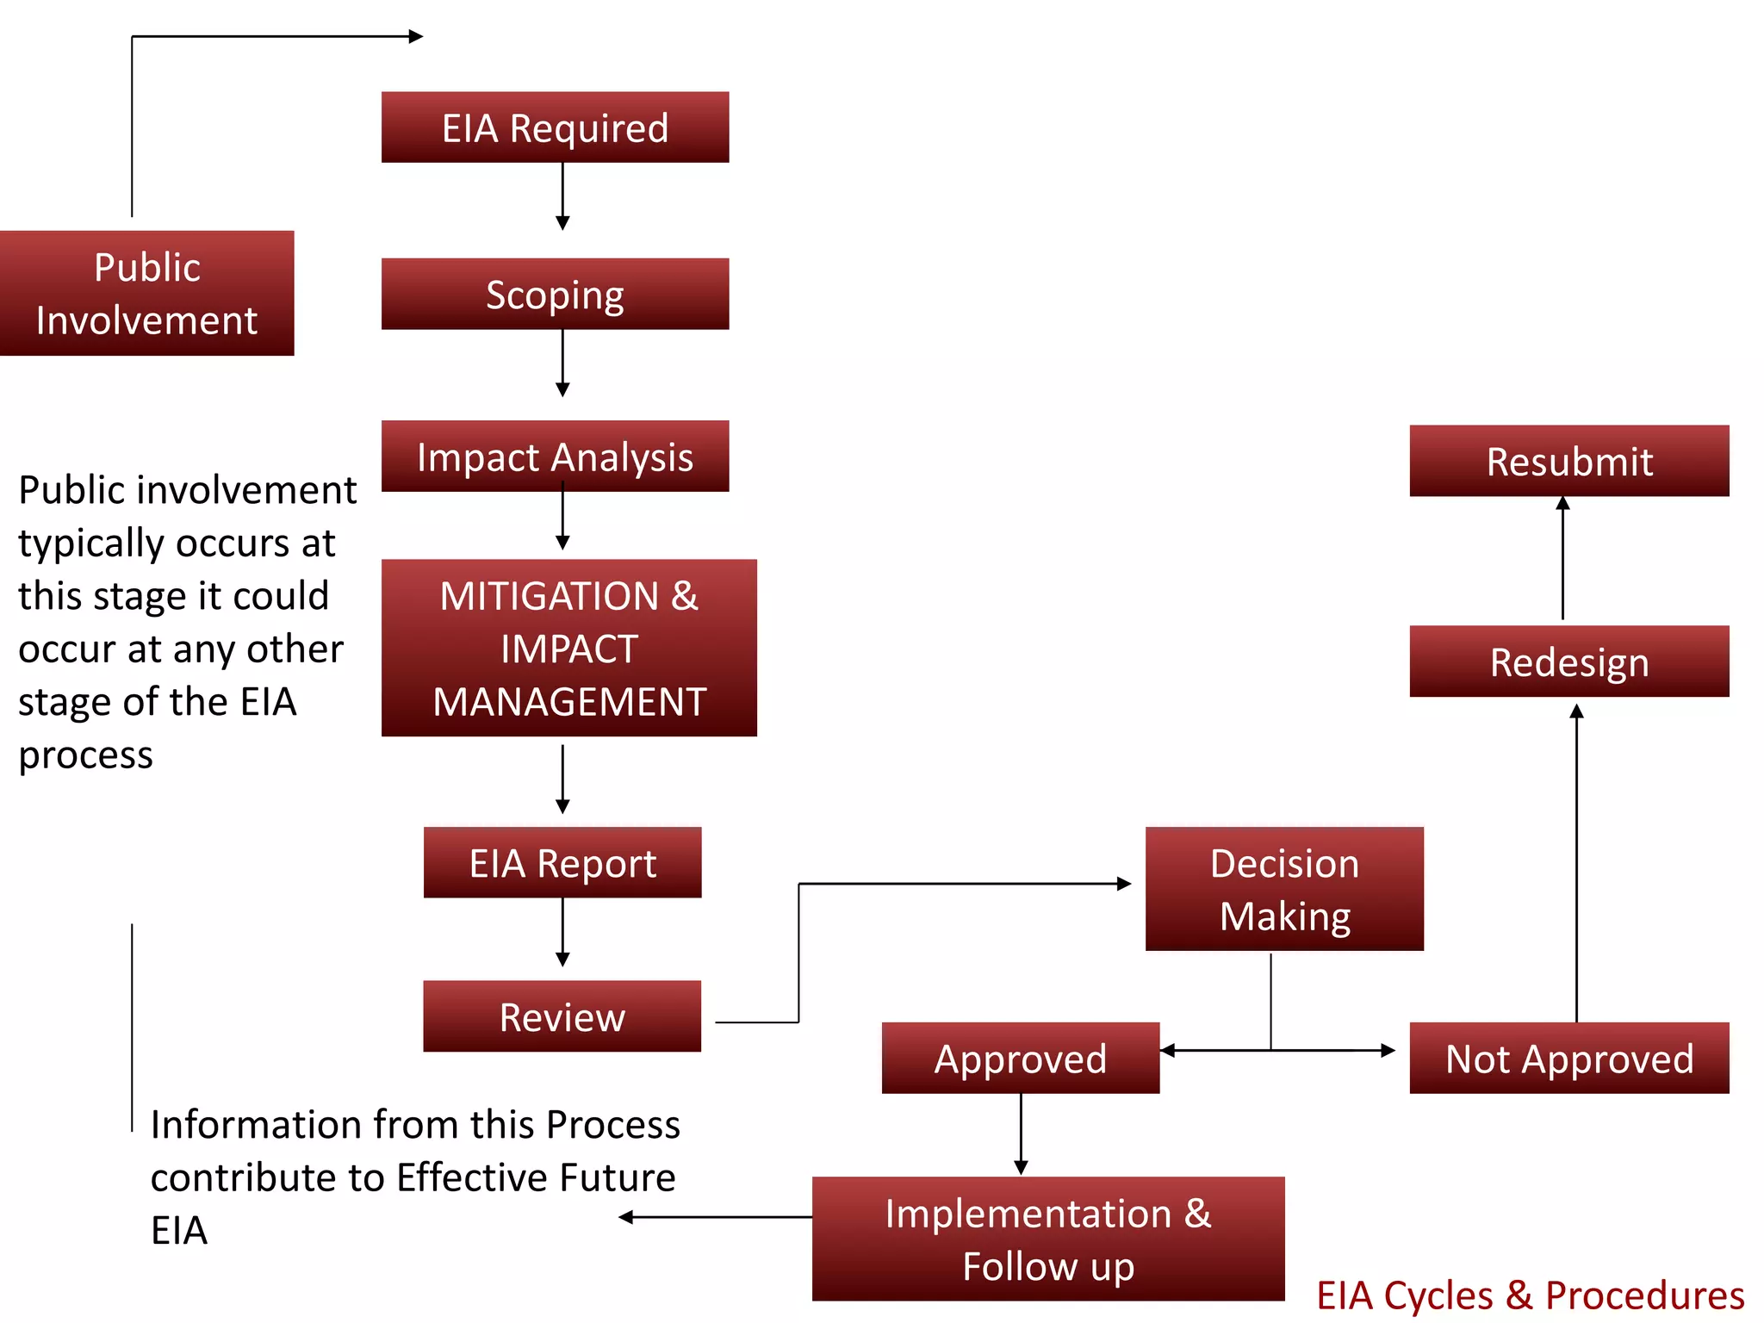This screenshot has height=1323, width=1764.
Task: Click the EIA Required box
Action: (x=555, y=127)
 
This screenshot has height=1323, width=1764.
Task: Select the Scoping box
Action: (x=555, y=294)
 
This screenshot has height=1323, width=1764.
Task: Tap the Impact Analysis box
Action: (x=555, y=457)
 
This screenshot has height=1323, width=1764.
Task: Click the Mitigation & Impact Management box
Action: (x=568, y=648)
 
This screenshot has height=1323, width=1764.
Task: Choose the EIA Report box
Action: (x=562, y=862)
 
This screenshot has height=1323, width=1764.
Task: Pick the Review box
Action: (x=562, y=1016)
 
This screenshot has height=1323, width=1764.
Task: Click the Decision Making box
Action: (x=1283, y=889)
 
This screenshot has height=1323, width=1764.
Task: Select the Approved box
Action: (x=1020, y=1058)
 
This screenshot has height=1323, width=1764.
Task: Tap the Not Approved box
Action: (x=1568, y=1058)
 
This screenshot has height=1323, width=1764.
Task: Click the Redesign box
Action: (x=1568, y=661)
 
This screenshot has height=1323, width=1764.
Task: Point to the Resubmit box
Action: (x=1568, y=461)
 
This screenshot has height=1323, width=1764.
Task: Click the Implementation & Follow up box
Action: (x=1047, y=1239)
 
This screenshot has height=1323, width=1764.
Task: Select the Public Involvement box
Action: (x=146, y=293)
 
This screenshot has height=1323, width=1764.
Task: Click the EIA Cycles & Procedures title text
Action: (x=1530, y=1295)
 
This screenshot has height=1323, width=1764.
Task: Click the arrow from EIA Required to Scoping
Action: (x=562, y=196)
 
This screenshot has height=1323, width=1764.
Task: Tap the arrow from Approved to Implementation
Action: (x=1021, y=1134)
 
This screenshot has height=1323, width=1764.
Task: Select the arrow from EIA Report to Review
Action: (x=562, y=932)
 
